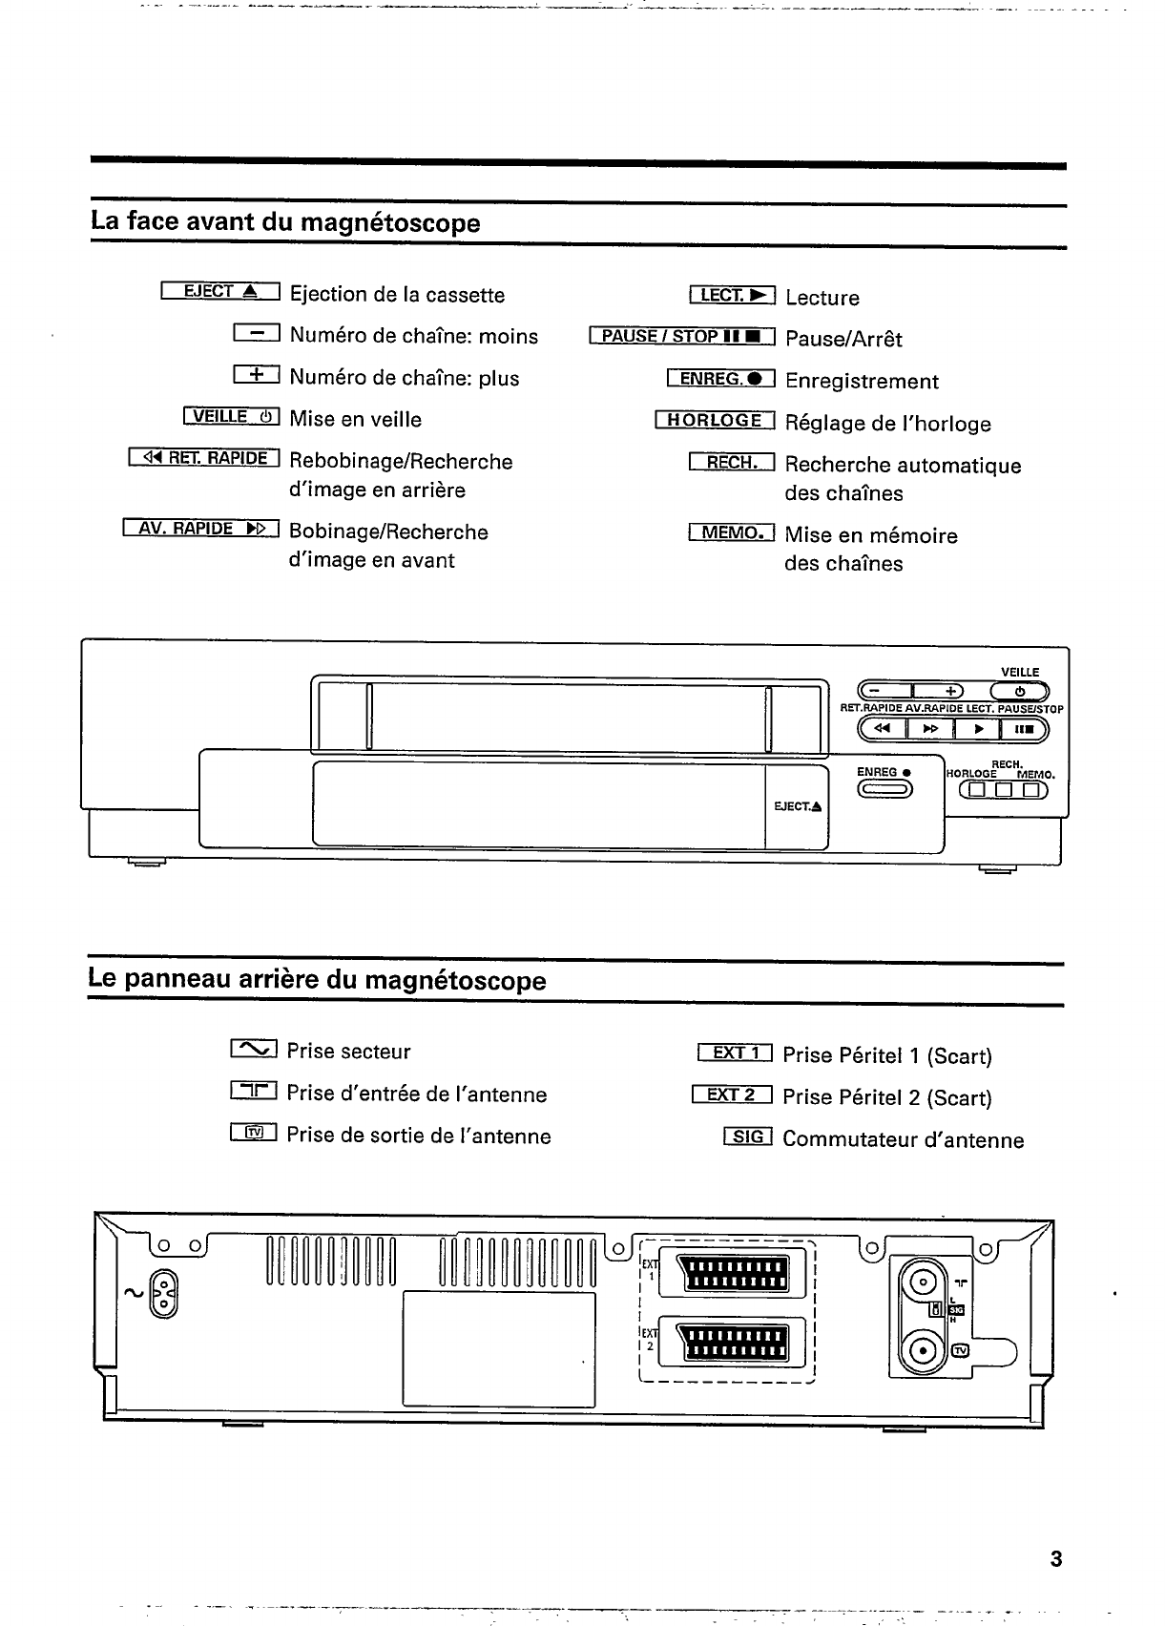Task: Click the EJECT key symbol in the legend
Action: tap(219, 292)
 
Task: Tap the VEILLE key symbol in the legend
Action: tap(231, 417)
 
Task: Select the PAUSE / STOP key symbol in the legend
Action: tap(683, 337)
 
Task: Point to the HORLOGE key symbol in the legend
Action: tap(716, 421)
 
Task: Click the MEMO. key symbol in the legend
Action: tap(732, 532)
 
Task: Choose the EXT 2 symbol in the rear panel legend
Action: tap(732, 1095)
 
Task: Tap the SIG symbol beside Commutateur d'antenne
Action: tap(748, 1137)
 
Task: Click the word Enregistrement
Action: tap(862, 382)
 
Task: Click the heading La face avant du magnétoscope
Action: tap(285, 223)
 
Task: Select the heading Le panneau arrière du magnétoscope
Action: tap(317, 980)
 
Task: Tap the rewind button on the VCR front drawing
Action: tap(883, 730)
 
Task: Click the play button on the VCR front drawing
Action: tap(978, 730)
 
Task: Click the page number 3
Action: tap(1055, 1560)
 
